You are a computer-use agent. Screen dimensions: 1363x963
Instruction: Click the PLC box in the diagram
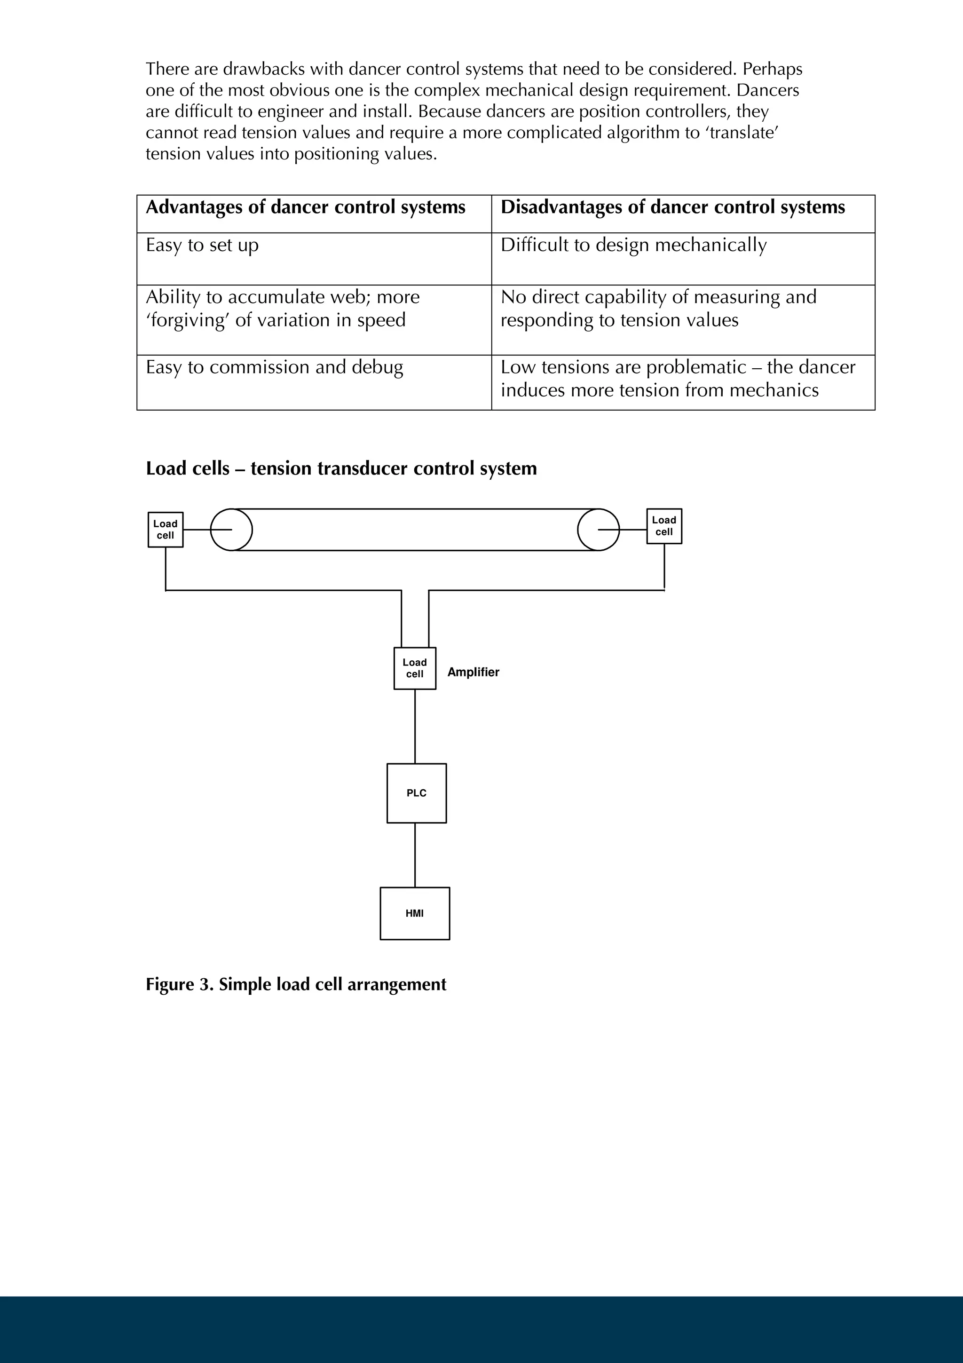coord(416,793)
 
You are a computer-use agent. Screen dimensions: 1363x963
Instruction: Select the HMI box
coord(414,914)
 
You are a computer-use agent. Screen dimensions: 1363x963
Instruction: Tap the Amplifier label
coord(473,672)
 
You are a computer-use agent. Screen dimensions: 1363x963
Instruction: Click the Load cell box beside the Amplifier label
coord(414,668)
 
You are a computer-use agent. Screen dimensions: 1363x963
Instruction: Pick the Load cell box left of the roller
coord(165,530)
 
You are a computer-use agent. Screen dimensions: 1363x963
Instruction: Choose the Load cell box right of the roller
coord(664,526)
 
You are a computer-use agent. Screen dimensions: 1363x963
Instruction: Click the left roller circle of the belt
coord(231,530)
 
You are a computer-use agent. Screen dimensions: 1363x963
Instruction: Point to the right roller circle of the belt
coord(598,530)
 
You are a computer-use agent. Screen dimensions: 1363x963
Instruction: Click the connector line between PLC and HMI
coord(415,855)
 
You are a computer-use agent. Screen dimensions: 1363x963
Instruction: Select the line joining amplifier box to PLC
coord(415,726)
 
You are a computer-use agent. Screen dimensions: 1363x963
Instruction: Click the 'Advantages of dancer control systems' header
coord(306,207)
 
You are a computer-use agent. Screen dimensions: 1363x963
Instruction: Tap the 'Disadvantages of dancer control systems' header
coord(672,207)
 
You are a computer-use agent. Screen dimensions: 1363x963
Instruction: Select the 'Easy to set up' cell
coord(202,245)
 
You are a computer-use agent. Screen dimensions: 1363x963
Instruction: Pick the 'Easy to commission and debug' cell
coord(274,367)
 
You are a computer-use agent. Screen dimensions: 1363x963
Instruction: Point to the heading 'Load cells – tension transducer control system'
coord(341,468)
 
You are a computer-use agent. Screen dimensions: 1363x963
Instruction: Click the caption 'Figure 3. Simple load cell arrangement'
coord(295,984)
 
